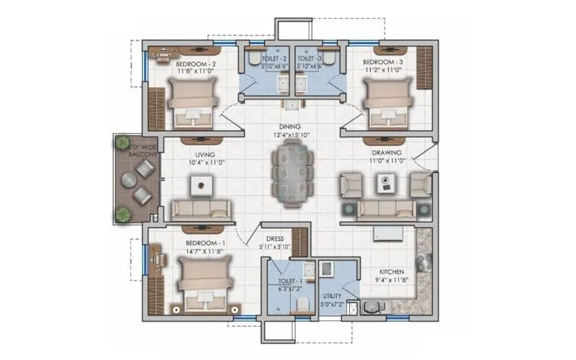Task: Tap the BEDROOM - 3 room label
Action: [382, 63]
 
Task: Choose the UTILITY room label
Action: [332, 296]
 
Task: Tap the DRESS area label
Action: [274, 238]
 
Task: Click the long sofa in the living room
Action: [203, 210]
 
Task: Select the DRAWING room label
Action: [387, 153]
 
